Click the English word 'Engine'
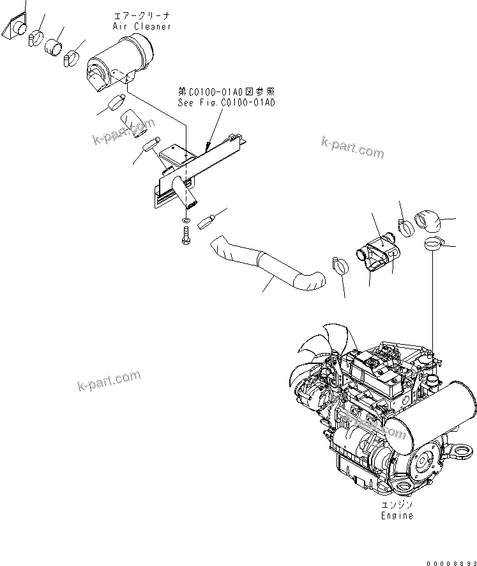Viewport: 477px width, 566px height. click(397, 515)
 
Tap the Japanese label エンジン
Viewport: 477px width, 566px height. click(397, 505)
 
